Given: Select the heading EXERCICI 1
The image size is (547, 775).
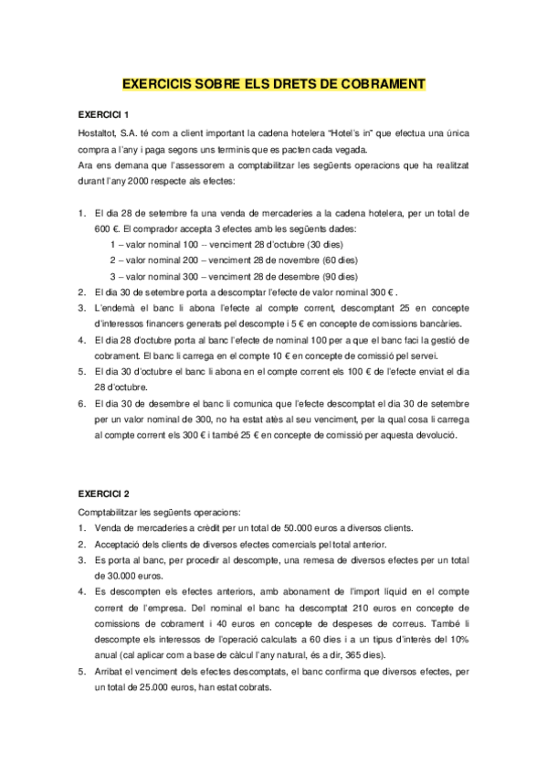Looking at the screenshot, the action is pyautogui.click(x=103, y=114).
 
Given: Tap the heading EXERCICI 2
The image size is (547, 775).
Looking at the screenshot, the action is pyautogui.click(x=103, y=492).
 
